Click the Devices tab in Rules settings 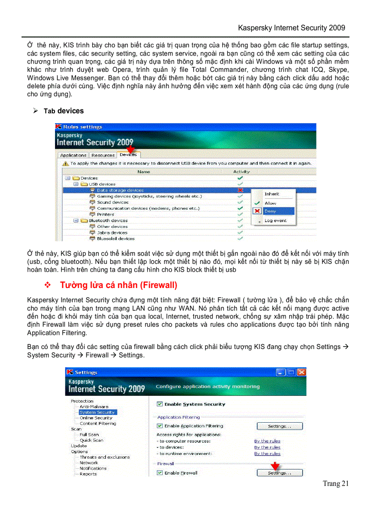128,155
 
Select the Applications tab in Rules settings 73,156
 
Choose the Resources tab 102,156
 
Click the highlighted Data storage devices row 120,190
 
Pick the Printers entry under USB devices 105,214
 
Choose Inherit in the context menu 272,194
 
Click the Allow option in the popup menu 270,203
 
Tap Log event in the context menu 275,221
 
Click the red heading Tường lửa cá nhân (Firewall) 118,285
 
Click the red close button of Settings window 301,372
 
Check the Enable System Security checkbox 160,404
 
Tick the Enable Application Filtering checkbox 160,426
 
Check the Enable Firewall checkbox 160,473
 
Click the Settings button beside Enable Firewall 279,473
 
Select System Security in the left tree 97,412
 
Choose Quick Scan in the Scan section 91,440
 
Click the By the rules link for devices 267,447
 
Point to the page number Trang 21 336,484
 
